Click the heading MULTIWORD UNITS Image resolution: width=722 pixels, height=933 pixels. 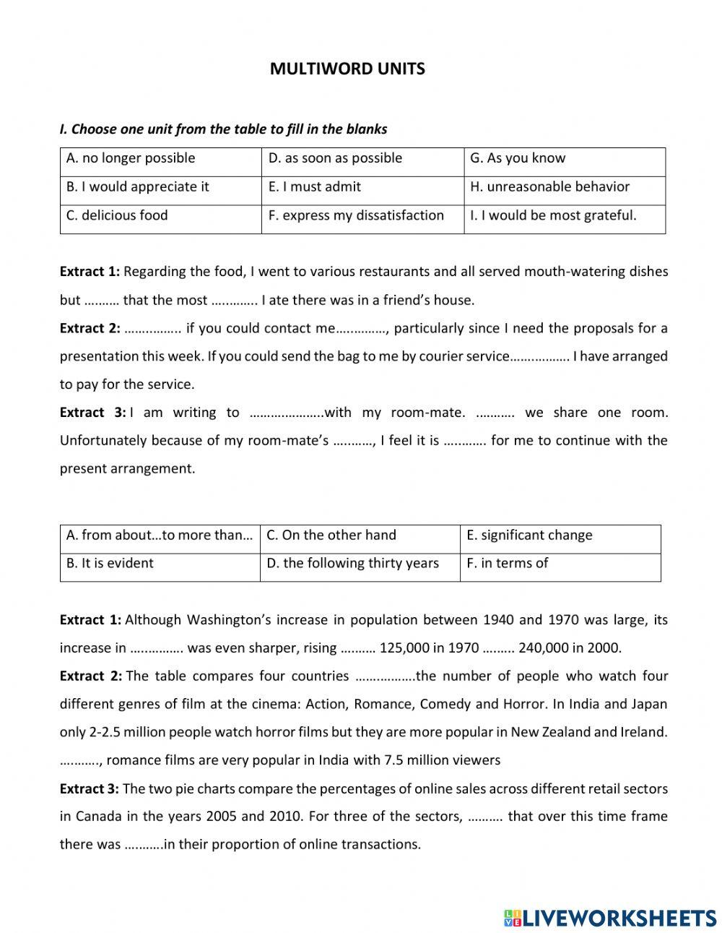[347, 69]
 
